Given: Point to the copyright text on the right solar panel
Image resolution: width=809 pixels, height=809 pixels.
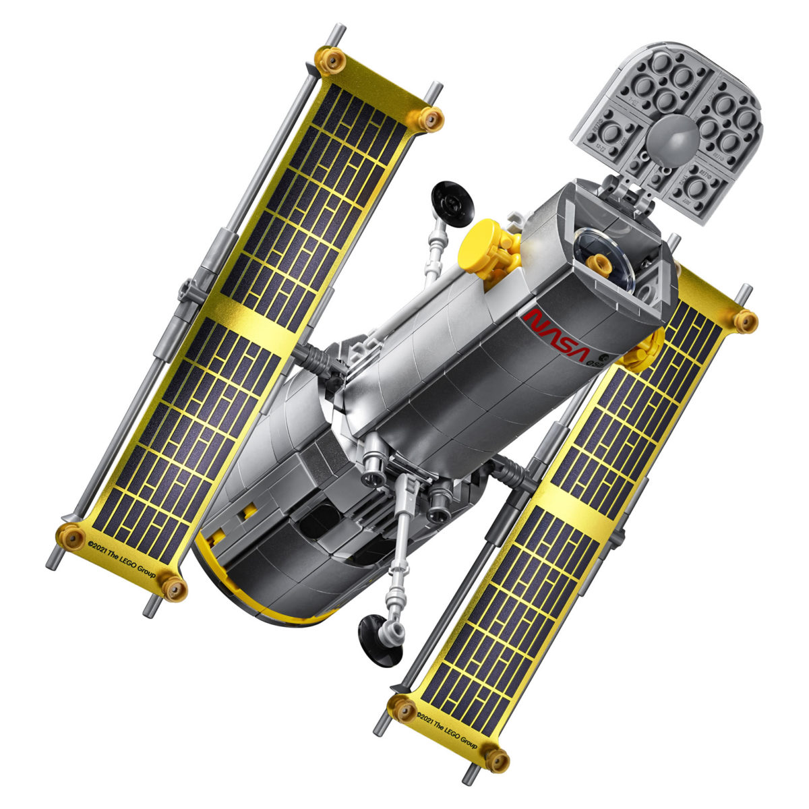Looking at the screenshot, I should [446, 728].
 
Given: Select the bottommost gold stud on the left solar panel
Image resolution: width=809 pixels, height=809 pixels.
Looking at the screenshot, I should [174, 588].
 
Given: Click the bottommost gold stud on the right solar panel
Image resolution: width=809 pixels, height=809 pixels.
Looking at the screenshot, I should [497, 760].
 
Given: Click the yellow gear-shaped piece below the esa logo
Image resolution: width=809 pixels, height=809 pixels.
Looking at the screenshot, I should [643, 350].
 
